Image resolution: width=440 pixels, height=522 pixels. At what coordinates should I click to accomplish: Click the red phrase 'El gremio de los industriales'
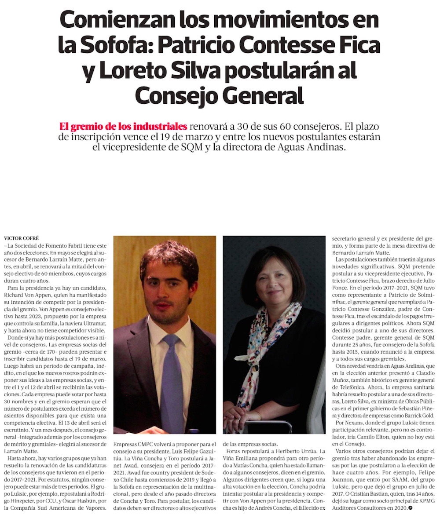click(x=123, y=127)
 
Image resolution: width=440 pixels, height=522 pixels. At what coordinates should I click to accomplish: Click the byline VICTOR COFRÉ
click(x=22, y=238)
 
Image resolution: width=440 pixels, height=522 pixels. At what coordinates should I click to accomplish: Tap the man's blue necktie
click(x=172, y=378)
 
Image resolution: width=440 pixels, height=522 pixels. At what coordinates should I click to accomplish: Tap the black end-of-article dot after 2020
click(x=411, y=508)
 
